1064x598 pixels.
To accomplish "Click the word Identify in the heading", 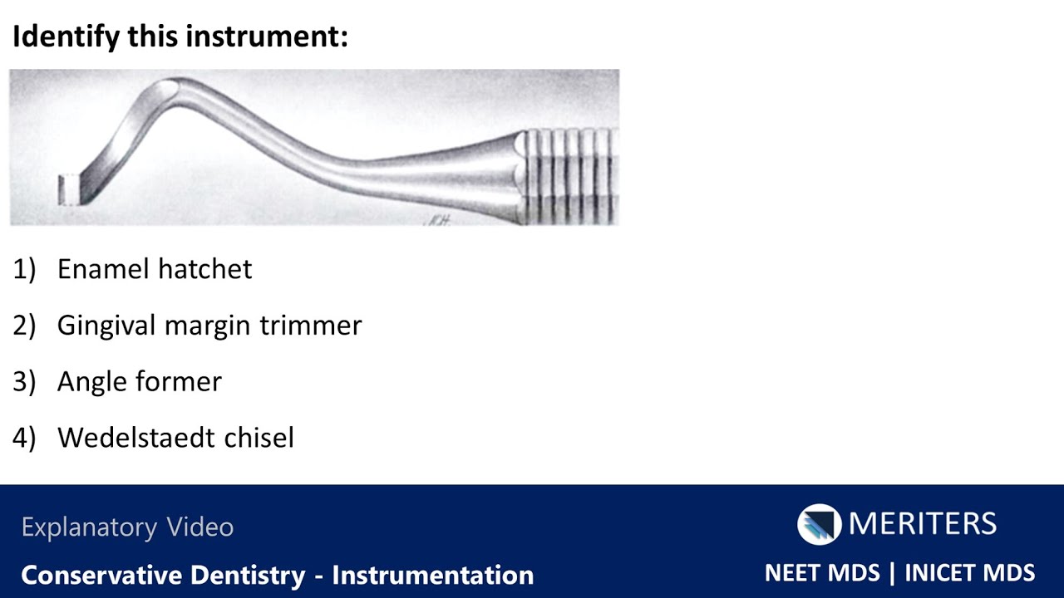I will click(x=66, y=37).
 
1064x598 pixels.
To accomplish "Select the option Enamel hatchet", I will click(x=155, y=269).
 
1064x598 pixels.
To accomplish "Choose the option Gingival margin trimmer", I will click(x=209, y=326).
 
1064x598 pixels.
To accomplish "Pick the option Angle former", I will click(x=140, y=382).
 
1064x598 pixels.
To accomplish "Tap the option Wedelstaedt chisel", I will click(x=175, y=438).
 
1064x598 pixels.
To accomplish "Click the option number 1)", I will click(x=24, y=269).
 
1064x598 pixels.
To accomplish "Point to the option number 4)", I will click(x=24, y=438).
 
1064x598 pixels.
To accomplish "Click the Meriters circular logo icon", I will click(x=819, y=524).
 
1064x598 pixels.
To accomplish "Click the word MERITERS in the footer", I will click(x=922, y=524).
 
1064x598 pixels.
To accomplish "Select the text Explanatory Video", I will click(x=127, y=527).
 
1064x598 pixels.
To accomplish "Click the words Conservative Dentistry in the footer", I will click(x=163, y=575).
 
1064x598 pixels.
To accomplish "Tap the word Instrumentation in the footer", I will click(x=432, y=575).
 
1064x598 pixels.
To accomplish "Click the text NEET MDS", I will click(x=821, y=573).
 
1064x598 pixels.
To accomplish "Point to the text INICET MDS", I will click(x=969, y=573).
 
